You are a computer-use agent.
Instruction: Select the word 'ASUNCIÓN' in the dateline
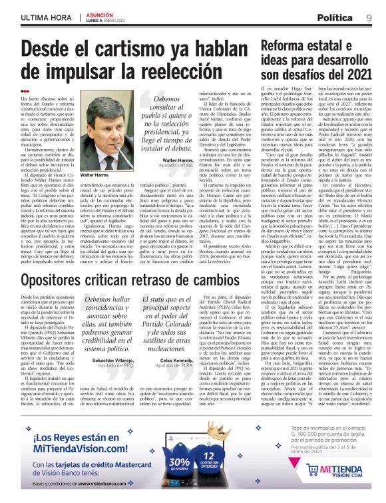98,12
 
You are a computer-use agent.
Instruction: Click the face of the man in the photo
112,126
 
